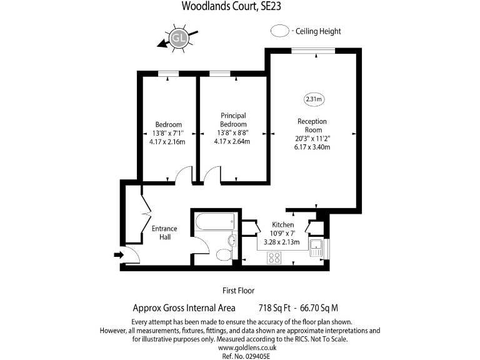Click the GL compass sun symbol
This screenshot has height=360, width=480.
tap(179, 39)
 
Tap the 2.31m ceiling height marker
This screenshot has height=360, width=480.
tap(313, 99)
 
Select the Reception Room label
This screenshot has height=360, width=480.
tap(312, 125)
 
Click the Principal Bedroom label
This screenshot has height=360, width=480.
tap(233, 119)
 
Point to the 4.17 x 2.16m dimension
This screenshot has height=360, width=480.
tap(168, 142)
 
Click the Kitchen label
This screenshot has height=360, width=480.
tap(282, 225)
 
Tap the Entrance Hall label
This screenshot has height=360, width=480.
tap(164, 232)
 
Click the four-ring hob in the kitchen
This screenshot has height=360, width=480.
tap(274, 257)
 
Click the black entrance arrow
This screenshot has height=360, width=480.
tap(119, 254)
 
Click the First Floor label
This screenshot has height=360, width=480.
tap(239, 291)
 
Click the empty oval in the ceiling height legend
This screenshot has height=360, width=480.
tap(280, 31)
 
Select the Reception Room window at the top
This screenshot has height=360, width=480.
tap(312, 52)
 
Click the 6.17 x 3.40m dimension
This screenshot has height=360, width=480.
tap(312, 147)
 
